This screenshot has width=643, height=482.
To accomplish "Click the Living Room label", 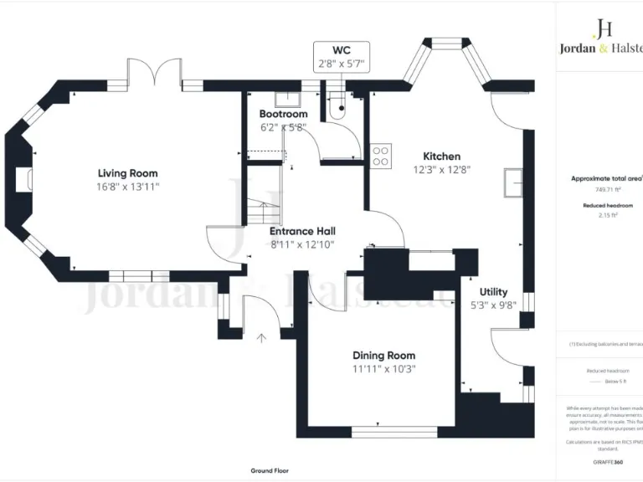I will point(127,173).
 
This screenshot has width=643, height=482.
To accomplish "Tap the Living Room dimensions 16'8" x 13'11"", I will point(127,187).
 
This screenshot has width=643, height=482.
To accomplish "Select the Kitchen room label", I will point(441,156).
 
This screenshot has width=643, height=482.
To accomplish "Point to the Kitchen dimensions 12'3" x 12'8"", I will point(441,170).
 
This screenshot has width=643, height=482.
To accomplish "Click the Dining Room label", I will point(383,356).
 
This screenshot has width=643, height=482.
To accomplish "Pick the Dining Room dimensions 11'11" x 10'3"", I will point(383,369).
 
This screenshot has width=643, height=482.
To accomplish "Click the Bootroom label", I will point(283,114).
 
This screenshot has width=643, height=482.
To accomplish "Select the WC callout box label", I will point(341,50).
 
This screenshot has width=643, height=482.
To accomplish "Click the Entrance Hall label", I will point(302,231).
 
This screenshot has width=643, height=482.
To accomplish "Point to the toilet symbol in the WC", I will point(338,109).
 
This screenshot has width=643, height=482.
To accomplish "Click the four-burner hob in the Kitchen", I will point(382,156).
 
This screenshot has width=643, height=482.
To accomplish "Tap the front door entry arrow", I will point(261,338).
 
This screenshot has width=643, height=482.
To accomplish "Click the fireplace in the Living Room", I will point(23,178).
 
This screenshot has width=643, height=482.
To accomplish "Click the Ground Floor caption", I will point(270,471).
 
